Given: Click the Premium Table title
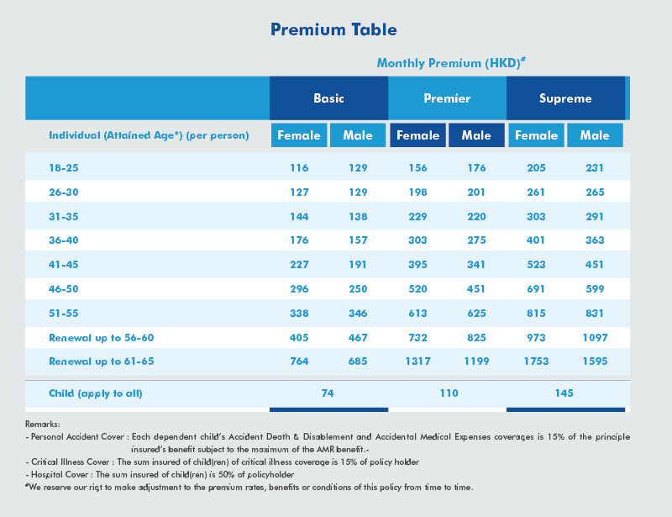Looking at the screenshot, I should pos(333,29).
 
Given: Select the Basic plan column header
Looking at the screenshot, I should pos(328,98).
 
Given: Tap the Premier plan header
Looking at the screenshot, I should pos(447,98).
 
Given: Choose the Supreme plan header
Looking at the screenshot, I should pos(565,98).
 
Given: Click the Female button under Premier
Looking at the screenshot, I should pos(417,135).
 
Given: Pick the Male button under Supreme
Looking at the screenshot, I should pos(595,135).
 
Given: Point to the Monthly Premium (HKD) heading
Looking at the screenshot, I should pos(451,63).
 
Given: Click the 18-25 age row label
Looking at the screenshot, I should pos(64,168).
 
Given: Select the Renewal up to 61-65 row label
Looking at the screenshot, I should pos(101,361).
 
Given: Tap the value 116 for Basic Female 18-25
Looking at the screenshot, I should pos(299,168).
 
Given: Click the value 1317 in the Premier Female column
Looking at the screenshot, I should pos(417,361).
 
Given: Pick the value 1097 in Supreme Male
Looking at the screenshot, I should pos(595,338).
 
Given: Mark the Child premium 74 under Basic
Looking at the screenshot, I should pos(328,393).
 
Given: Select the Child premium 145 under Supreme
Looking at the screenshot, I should pos(565,393).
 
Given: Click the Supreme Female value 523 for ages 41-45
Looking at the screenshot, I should pos(536,265).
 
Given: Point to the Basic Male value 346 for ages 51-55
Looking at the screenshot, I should pos(359,314).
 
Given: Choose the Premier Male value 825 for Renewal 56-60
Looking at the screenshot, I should pos(476,338).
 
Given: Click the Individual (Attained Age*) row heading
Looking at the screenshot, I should pos(149,135).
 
